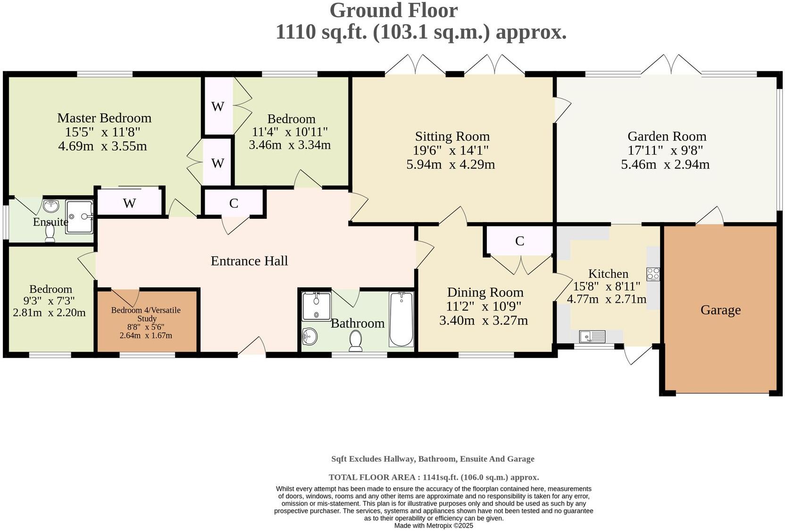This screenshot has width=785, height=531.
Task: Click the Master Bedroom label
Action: (x=104, y=118)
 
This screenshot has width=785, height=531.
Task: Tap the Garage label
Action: (x=720, y=310)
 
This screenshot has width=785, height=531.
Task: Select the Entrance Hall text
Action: (x=249, y=261)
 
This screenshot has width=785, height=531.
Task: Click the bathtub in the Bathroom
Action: (x=401, y=319)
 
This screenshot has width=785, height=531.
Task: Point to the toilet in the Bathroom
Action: (x=356, y=341)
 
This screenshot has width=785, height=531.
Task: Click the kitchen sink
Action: (x=592, y=336)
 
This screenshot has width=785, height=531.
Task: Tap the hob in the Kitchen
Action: (x=653, y=274)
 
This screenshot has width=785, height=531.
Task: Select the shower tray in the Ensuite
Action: (x=80, y=217)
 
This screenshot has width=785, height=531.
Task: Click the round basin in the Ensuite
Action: (x=51, y=206)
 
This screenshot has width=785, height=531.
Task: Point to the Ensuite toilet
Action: (x=50, y=233)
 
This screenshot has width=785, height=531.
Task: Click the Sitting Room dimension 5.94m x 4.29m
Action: (x=451, y=164)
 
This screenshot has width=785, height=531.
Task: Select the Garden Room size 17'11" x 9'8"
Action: (x=665, y=150)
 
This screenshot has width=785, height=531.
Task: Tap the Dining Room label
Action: (x=485, y=292)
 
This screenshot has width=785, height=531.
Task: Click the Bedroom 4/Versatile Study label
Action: (x=146, y=314)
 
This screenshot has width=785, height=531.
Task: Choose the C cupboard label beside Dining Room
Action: (x=520, y=241)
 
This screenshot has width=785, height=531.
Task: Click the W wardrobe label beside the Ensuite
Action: (x=129, y=203)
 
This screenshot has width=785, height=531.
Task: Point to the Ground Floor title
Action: (x=393, y=10)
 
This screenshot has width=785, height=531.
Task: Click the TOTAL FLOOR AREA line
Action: (x=434, y=477)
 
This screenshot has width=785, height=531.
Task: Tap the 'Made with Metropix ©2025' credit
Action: (x=434, y=525)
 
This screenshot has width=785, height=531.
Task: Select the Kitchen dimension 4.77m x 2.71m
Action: (x=607, y=299)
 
